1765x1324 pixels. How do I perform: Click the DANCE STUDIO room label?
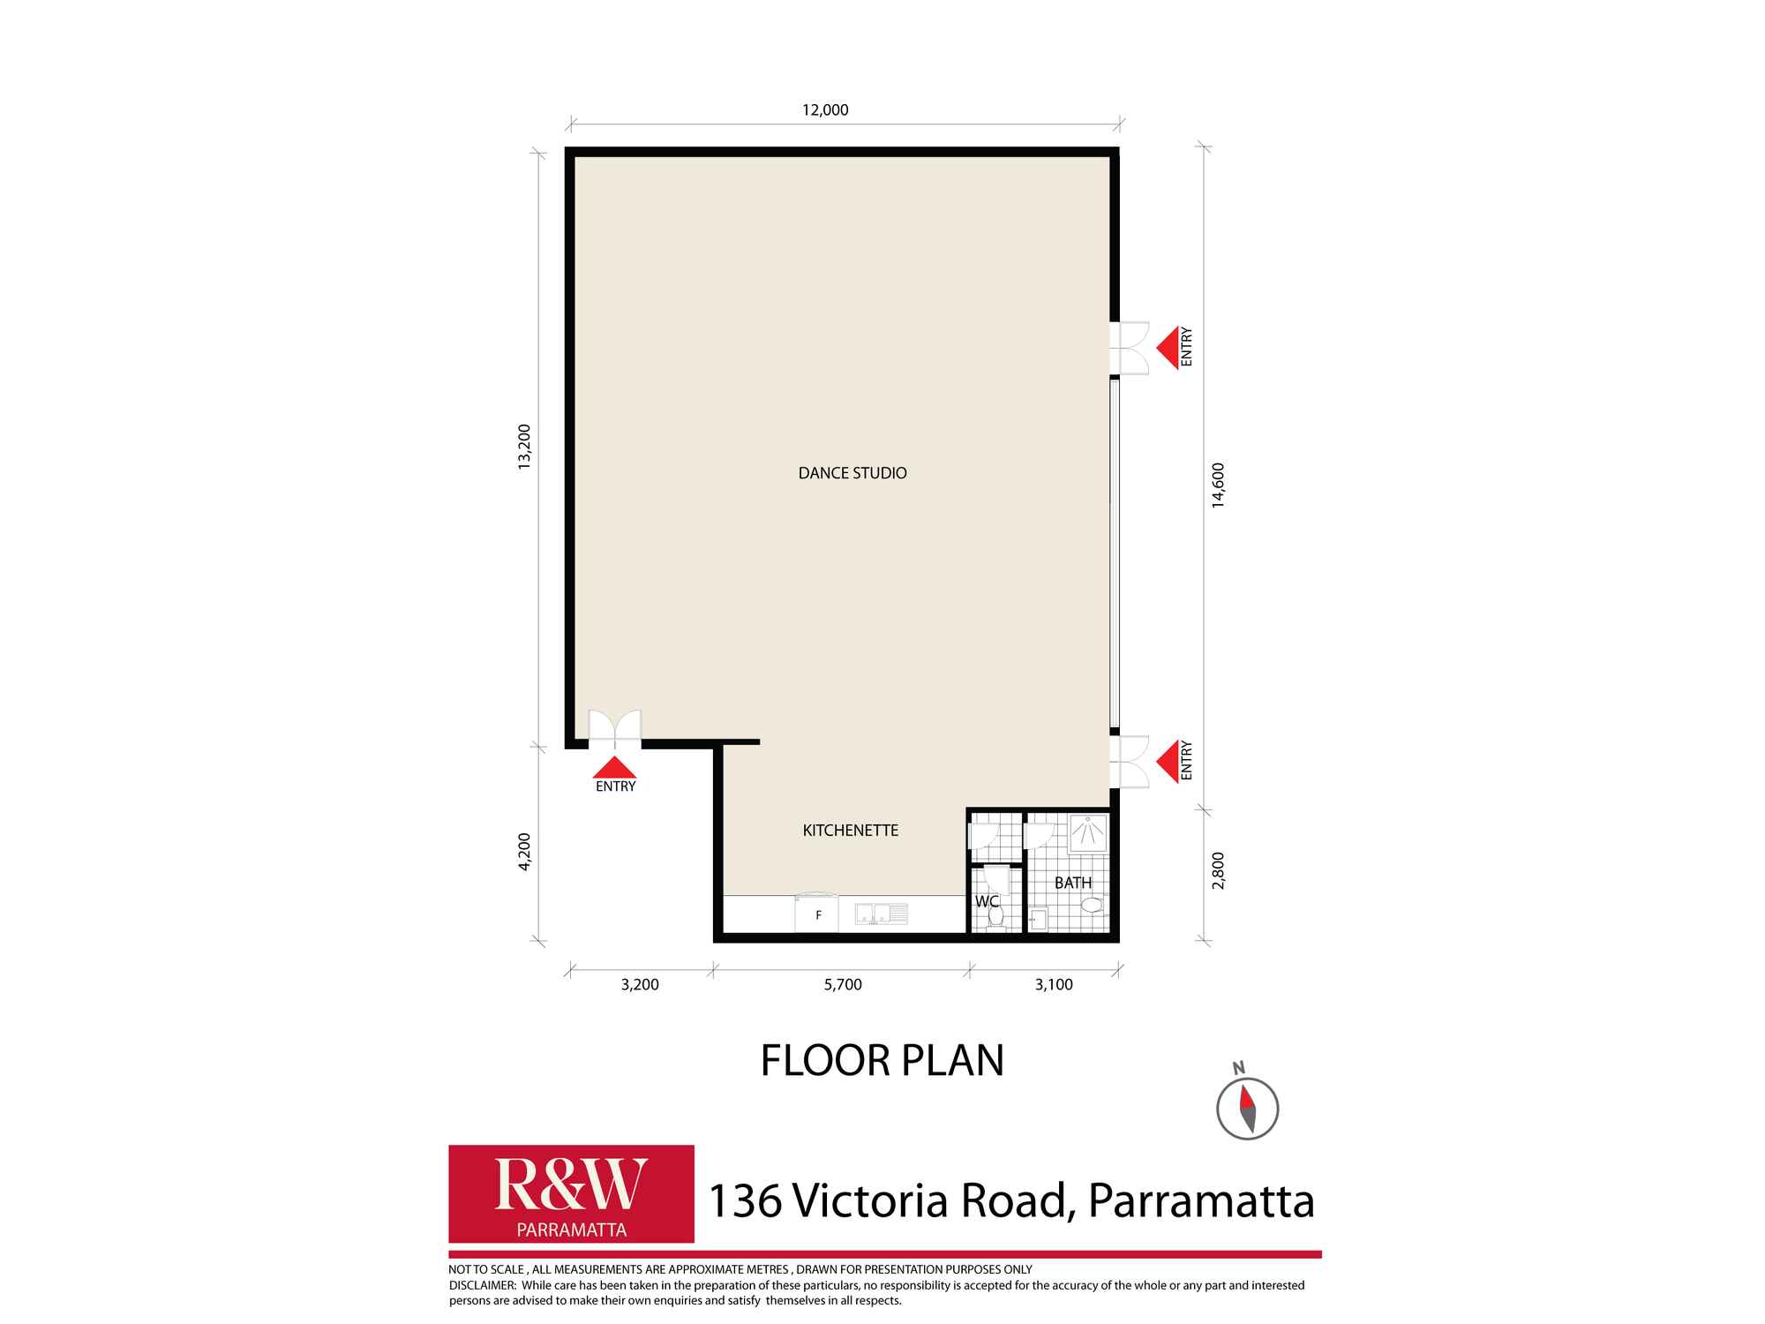[852, 473]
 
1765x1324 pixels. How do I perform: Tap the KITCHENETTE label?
[851, 831]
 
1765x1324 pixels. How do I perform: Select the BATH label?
[1073, 883]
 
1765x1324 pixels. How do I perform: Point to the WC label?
[987, 901]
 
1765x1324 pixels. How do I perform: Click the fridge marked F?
[817, 914]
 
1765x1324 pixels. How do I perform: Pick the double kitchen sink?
[881, 914]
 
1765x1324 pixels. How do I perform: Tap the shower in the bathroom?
[1088, 834]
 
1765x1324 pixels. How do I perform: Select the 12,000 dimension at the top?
[825, 110]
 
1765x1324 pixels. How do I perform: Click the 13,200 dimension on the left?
[524, 448]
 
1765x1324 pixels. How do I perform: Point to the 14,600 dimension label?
[1218, 485]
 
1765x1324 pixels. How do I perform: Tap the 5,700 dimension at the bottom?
[843, 985]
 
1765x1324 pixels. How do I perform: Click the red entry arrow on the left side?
[615, 767]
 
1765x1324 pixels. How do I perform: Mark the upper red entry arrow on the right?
[1167, 348]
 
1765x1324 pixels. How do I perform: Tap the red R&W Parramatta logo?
[571, 1194]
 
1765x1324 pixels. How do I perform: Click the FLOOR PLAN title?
[882, 1060]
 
